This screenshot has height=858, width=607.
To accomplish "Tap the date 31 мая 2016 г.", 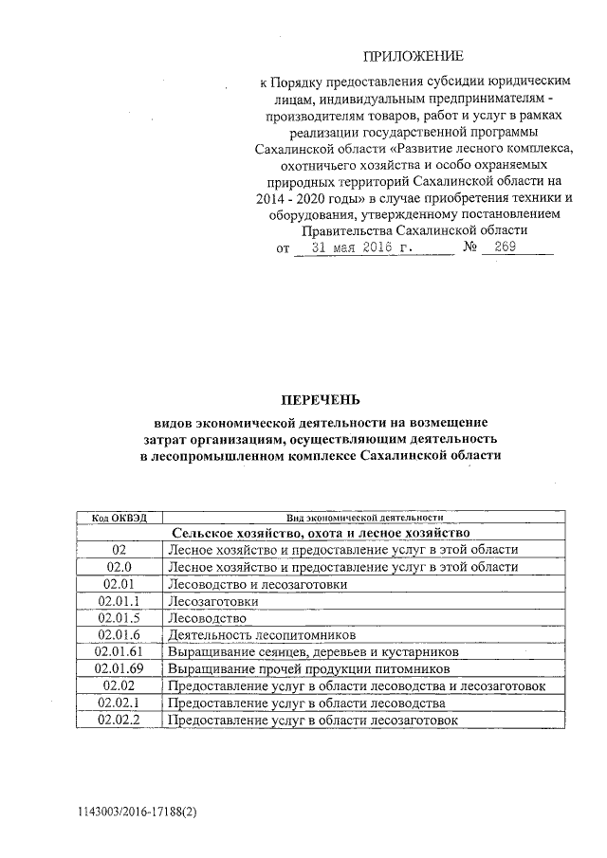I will point(370,249).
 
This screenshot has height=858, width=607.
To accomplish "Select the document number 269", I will point(505,249).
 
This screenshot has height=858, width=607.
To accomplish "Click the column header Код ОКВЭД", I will point(119,519).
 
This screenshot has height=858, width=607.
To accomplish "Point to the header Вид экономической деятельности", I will point(365,519).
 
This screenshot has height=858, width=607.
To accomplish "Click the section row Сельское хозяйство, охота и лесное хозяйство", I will point(321,534).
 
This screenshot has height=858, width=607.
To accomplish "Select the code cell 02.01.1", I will point(119,601).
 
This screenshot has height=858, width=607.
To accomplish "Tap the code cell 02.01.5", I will point(119,618).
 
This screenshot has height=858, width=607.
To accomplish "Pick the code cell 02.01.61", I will point(119,652).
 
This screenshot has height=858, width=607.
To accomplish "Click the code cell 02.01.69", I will point(119,669).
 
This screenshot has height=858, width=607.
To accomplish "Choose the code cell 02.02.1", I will point(119,703).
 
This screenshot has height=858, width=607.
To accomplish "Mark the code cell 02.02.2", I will point(119,721).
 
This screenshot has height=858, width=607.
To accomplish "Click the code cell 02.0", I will point(119,567).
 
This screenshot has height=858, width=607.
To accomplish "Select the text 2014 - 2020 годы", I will point(309,198).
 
